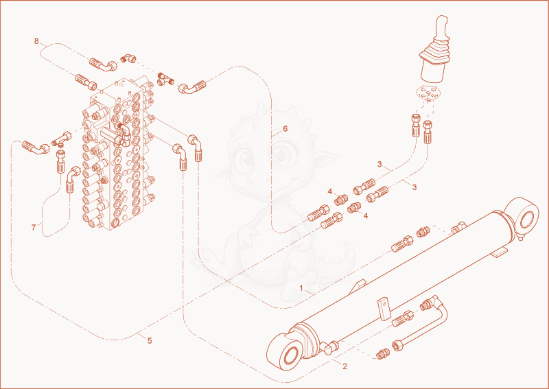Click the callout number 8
click(36, 41)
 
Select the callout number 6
click(285, 129)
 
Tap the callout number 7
click(34, 228)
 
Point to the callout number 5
click(150, 341)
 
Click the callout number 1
click(301, 289)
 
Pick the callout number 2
click(345, 366)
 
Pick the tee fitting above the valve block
click(165, 79)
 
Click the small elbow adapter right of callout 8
click(129, 58)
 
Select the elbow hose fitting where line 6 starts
click(191, 86)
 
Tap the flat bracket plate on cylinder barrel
click(384, 309)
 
